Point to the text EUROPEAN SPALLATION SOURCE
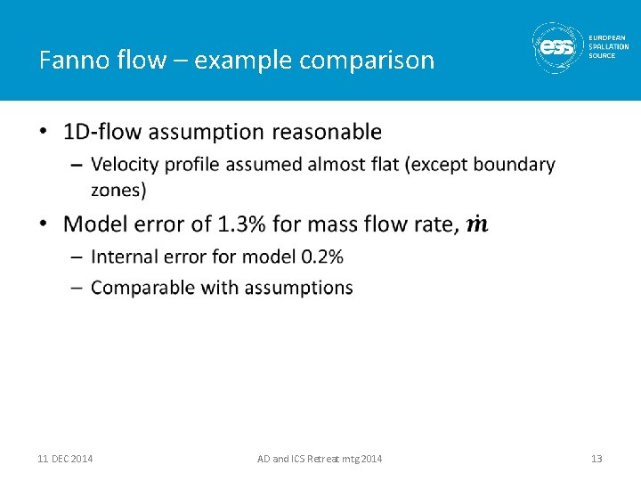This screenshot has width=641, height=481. (607, 46)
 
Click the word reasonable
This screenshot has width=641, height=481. (327, 132)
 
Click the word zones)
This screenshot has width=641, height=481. (118, 189)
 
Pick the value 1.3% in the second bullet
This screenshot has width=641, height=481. (239, 224)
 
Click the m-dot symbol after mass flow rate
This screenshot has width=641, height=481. (477, 224)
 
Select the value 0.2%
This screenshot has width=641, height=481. (322, 257)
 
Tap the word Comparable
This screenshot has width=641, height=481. (139, 288)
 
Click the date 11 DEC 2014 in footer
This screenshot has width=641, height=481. (65, 459)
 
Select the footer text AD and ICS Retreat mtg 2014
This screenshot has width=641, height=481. (320, 459)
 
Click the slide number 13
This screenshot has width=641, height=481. (596, 459)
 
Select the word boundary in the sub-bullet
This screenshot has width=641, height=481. (514, 165)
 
